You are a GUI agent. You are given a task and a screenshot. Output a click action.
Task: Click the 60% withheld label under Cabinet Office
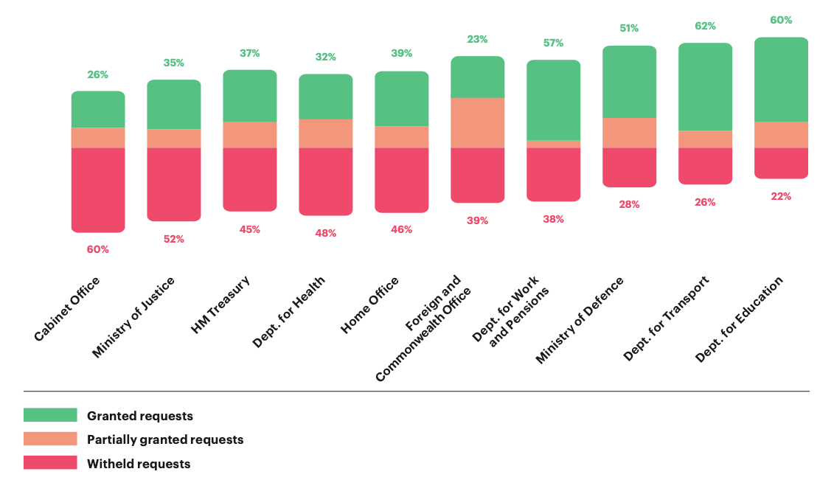(x=98, y=249)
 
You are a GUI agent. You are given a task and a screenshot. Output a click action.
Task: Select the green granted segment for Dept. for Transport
(x=705, y=86)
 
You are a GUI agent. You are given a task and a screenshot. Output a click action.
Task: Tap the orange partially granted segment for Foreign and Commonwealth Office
(x=477, y=122)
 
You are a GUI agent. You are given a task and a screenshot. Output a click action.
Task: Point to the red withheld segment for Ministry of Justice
(x=174, y=184)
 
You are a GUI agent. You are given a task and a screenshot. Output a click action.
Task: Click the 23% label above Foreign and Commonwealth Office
(x=477, y=40)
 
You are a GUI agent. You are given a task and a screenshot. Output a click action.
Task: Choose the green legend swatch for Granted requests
(x=50, y=415)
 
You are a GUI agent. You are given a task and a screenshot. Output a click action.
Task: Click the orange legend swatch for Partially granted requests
(x=50, y=439)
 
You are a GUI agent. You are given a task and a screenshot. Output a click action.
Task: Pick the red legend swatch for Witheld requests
(x=50, y=462)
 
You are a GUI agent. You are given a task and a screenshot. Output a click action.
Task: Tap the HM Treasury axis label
(x=220, y=305)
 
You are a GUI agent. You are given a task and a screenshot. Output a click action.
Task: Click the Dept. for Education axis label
(x=739, y=319)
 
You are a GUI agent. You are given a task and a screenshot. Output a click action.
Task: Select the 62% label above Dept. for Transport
(x=705, y=26)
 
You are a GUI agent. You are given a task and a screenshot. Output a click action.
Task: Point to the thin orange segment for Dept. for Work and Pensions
(x=553, y=144)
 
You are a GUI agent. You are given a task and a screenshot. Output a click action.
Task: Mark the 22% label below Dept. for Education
(x=781, y=196)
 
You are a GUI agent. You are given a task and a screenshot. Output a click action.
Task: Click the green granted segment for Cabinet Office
(x=98, y=109)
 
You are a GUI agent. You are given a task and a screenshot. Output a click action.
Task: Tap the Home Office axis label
(x=370, y=305)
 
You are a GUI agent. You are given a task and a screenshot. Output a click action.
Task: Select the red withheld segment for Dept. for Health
(x=325, y=181)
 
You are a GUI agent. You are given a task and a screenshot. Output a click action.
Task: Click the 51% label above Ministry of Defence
(x=629, y=29)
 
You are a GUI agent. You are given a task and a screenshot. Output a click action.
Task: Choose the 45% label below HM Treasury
(x=250, y=229)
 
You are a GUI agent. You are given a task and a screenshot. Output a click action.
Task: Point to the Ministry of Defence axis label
(x=580, y=320)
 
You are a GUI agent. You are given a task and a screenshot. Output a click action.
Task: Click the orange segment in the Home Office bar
(x=401, y=136)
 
